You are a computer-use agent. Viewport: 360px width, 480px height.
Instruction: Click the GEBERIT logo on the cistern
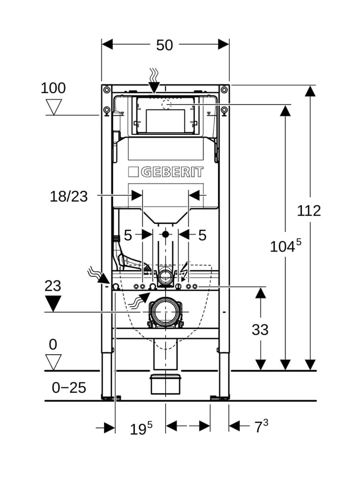[x=166, y=172]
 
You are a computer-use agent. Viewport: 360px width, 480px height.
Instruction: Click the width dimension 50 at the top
[x=165, y=45]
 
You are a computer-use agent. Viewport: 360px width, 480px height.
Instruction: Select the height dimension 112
[x=309, y=210]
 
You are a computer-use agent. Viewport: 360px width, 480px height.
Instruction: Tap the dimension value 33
[x=260, y=329]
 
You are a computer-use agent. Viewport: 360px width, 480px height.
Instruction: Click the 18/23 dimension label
[x=69, y=196]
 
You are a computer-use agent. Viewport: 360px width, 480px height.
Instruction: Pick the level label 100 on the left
[x=53, y=88]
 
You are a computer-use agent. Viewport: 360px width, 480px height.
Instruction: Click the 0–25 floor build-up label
[x=69, y=387]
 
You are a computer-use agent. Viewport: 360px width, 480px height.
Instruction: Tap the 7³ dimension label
[x=261, y=426]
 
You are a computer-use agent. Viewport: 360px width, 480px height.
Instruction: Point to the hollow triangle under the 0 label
[x=53, y=361]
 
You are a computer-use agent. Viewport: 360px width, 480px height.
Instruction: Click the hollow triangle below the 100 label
[x=53, y=107]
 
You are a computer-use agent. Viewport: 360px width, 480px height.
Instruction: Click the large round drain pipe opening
[x=166, y=312]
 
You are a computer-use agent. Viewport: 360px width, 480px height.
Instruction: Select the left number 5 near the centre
[x=128, y=235]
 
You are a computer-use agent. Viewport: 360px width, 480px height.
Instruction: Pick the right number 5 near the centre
[x=202, y=235]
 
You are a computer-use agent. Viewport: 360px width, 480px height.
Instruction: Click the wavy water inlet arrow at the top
[x=154, y=79]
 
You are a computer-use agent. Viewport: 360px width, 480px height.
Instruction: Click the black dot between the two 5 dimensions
[x=166, y=235]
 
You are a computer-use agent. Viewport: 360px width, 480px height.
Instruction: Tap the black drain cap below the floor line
[x=166, y=384]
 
